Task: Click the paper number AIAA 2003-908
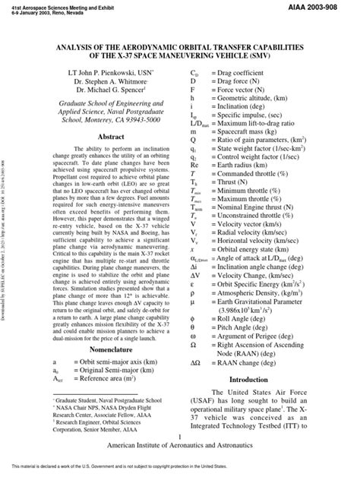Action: click(x=327, y=6)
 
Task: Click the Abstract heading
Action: click(x=112, y=137)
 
